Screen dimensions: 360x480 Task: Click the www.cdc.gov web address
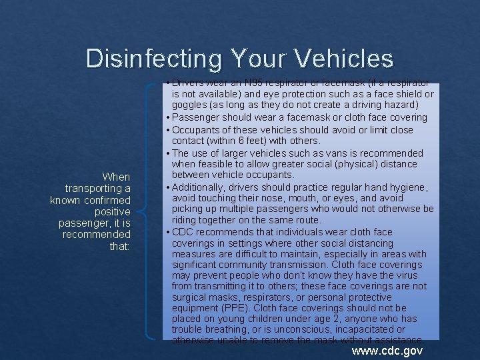387,350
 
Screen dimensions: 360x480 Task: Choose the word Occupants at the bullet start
197,129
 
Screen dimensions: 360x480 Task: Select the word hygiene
411,187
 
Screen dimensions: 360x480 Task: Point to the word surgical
190,297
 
